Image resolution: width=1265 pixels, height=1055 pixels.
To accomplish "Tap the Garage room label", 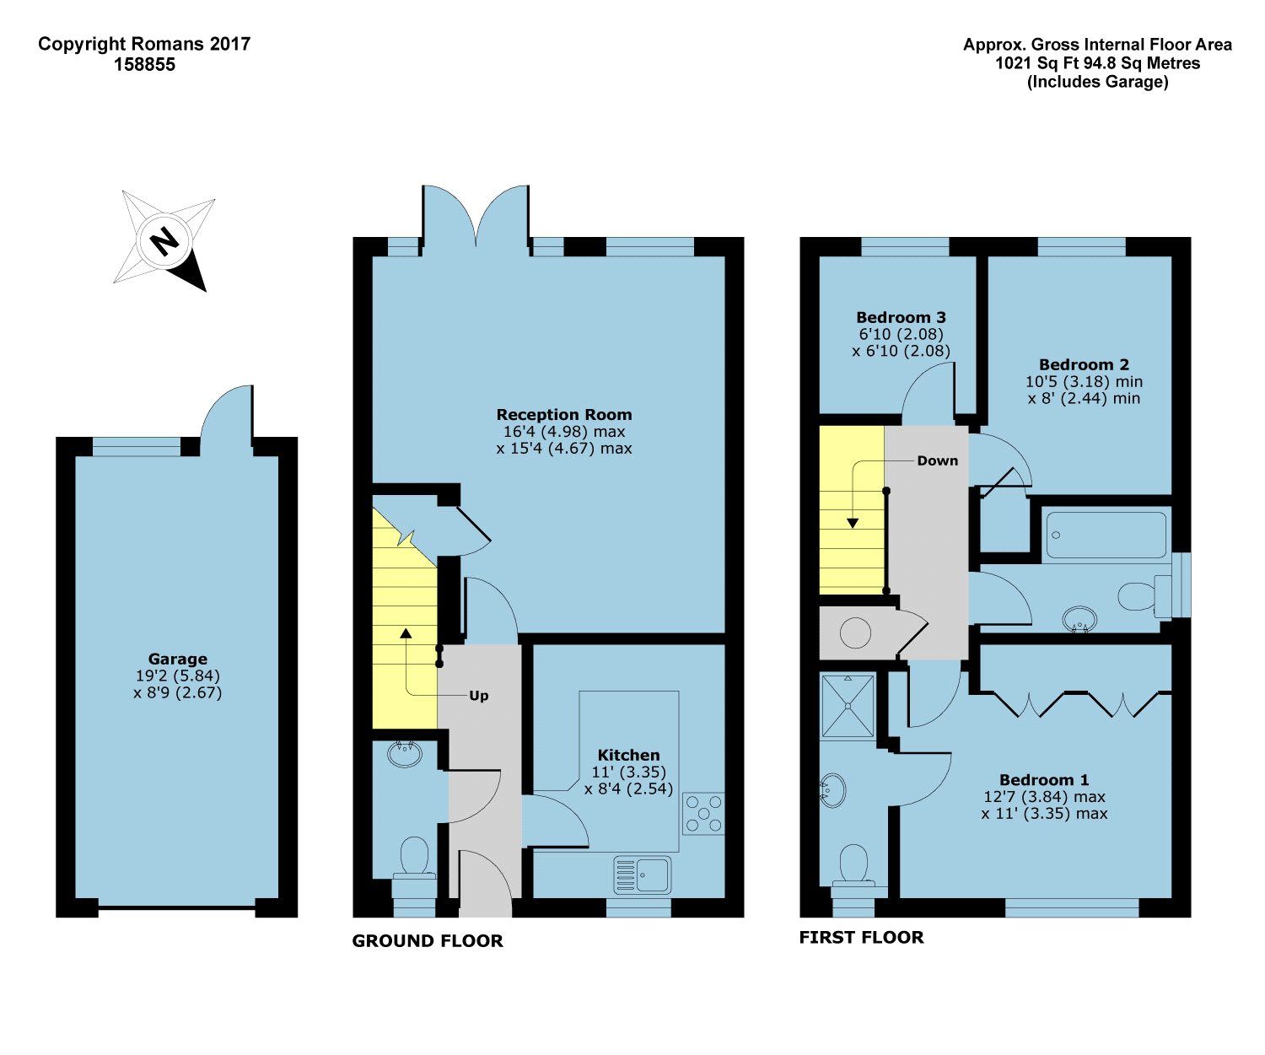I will (177, 659).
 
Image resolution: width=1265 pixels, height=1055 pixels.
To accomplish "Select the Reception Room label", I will (563, 414).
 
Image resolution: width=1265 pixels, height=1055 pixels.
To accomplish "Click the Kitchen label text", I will (628, 755).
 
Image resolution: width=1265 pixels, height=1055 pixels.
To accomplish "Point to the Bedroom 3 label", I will (901, 317).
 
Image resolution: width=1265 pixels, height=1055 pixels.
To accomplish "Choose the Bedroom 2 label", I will (1084, 364).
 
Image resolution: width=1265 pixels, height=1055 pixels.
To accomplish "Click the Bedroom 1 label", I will (1044, 779).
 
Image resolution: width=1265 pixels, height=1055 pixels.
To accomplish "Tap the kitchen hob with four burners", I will (702, 814).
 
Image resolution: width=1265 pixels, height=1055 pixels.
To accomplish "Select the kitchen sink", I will (642, 875).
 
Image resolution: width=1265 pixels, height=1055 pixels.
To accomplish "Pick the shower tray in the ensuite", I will (848, 705).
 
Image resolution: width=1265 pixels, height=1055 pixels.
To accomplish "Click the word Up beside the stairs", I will (478, 696).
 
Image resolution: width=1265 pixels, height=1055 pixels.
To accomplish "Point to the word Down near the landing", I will (937, 460).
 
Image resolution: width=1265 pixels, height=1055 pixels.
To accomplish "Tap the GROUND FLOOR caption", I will (428, 941).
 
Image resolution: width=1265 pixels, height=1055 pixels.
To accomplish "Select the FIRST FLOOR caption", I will (861, 937).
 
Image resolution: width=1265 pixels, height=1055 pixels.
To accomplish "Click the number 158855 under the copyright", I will (144, 64).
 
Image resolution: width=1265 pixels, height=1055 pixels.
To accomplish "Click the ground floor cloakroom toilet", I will (414, 859).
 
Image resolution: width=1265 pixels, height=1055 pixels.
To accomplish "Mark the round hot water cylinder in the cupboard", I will (855, 632).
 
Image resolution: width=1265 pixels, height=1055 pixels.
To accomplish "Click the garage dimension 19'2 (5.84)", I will (177, 676).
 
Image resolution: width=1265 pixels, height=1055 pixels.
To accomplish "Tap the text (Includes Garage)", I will (1097, 82).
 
